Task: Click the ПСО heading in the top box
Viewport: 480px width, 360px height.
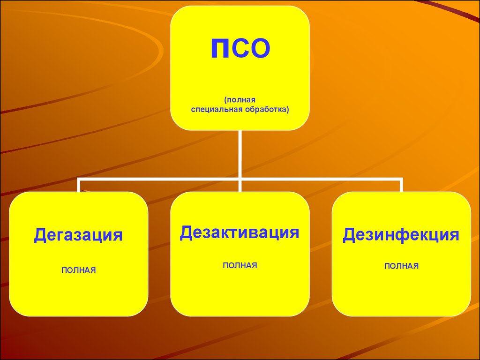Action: tap(240, 48)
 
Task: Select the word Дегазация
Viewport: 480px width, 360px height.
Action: tap(78, 235)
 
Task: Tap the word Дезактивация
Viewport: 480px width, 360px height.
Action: tap(240, 232)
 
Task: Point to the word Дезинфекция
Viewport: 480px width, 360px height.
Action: tap(401, 235)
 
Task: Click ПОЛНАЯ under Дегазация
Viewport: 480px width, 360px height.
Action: tap(79, 270)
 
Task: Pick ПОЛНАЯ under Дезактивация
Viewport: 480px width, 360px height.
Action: tap(240, 265)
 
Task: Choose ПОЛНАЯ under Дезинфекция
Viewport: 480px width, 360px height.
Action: tap(401, 266)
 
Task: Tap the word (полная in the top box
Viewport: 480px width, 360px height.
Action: tap(240, 100)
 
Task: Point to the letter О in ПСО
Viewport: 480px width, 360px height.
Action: tap(260, 48)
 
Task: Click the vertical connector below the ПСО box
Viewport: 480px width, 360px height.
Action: tap(240, 161)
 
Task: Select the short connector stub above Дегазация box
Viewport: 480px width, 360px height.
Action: tap(79, 186)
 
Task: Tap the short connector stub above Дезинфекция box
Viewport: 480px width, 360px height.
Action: tap(401, 186)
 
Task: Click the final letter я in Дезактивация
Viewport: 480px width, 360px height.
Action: tap(294, 234)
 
